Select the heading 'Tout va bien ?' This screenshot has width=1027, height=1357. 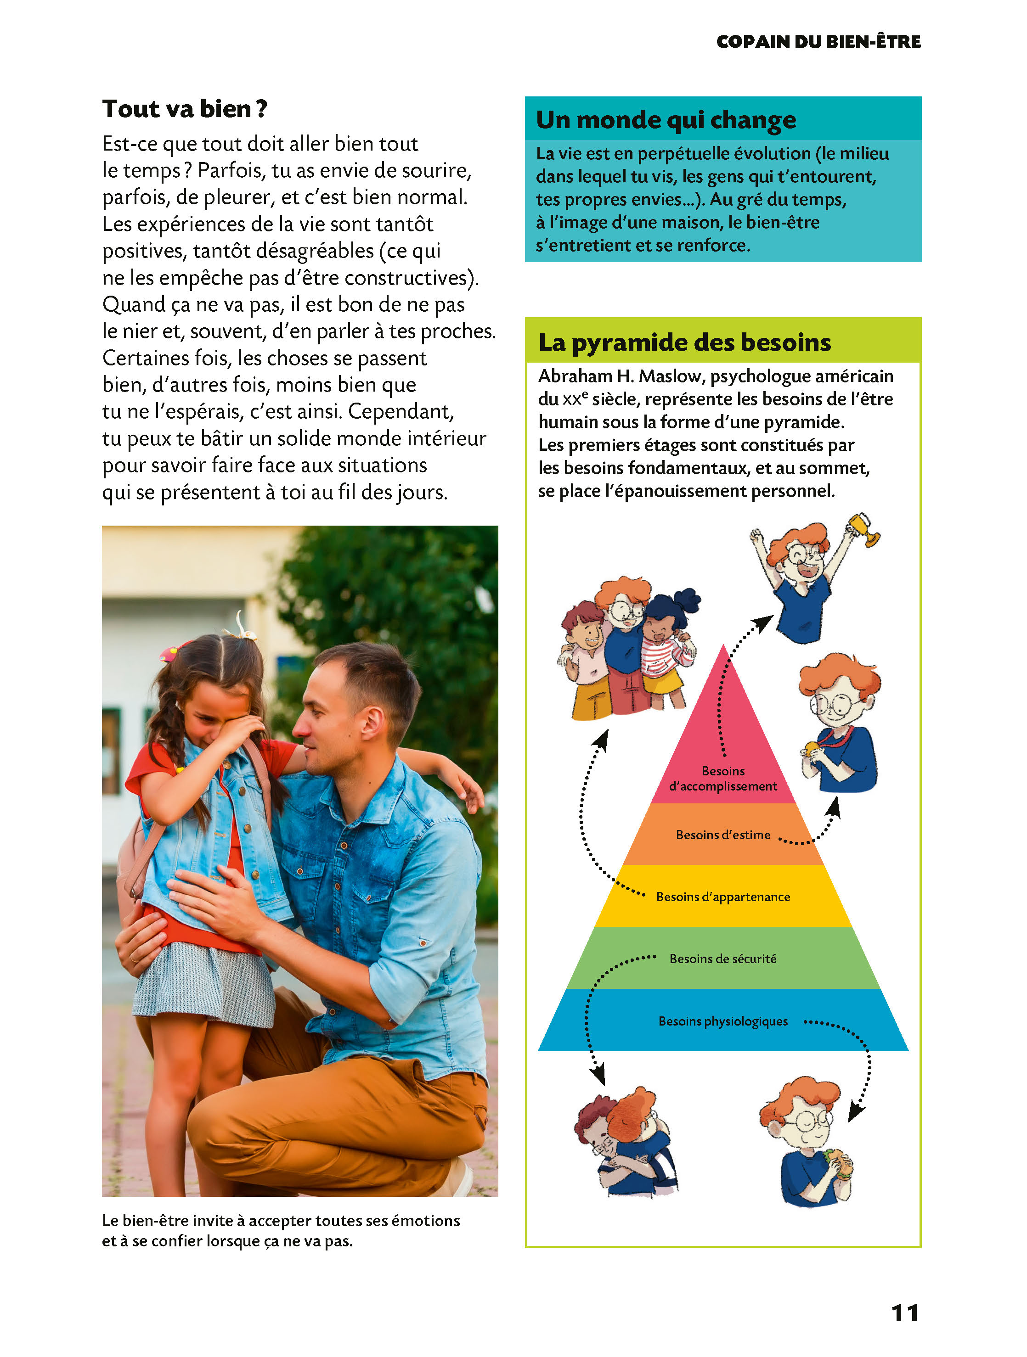point(185,109)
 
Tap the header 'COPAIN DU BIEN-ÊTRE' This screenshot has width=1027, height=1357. point(818,42)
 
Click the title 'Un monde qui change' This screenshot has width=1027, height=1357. point(666,120)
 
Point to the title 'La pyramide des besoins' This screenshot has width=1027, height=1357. point(684,342)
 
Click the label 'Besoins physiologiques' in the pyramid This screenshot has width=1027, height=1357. point(722,1021)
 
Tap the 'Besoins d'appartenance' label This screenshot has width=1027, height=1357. point(722,897)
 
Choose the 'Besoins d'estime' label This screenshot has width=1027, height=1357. point(722,835)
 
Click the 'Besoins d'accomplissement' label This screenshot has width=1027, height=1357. point(722,779)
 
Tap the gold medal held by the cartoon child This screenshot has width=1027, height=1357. point(812,748)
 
